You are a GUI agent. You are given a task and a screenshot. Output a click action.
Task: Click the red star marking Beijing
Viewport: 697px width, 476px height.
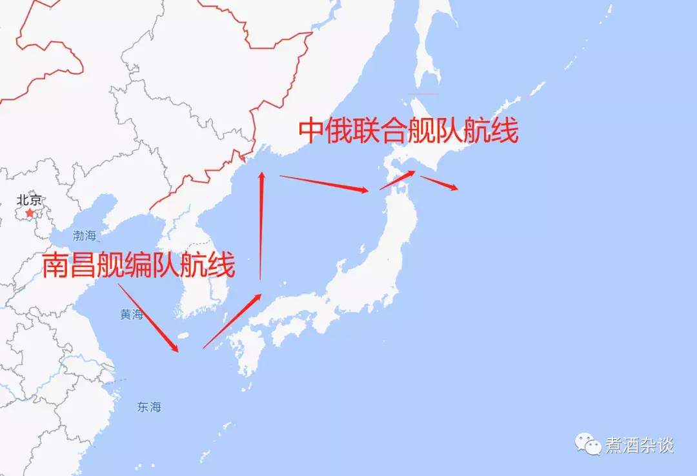[x=29, y=212]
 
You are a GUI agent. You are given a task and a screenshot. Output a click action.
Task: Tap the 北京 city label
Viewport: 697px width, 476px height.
[x=30, y=200]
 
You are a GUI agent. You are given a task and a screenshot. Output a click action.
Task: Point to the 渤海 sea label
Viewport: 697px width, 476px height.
[x=85, y=235]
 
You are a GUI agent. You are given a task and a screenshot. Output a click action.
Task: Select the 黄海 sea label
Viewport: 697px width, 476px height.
[x=132, y=315]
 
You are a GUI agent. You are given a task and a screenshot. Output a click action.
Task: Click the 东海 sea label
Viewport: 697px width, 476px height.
[x=149, y=407]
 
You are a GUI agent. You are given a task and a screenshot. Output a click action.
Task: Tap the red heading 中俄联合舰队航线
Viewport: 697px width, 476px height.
[x=408, y=132]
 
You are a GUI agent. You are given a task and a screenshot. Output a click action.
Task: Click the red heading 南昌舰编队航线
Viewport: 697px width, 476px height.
[x=139, y=266]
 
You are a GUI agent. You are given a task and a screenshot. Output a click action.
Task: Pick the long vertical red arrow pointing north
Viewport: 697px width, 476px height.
[x=261, y=226]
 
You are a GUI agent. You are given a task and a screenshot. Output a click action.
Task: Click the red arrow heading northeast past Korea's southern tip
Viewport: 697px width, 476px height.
[x=232, y=321]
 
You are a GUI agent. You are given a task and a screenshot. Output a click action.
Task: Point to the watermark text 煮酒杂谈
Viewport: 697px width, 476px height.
[x=639, y=445]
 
